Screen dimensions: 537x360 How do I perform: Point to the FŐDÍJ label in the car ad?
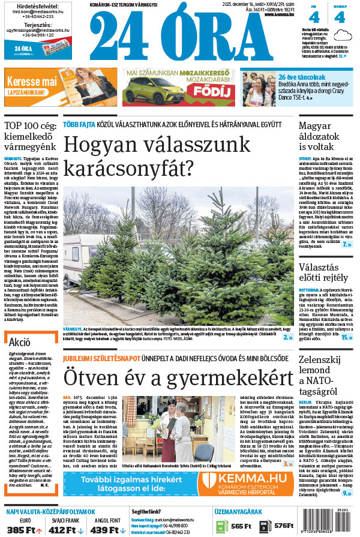[x=204, y=91]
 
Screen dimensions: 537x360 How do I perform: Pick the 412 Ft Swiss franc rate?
[x=63, y=530]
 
